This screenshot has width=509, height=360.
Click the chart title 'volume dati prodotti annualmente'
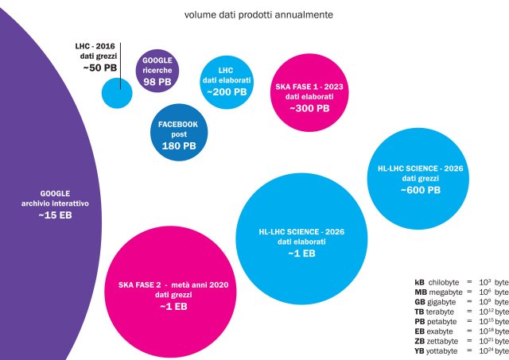(x=258, y=14)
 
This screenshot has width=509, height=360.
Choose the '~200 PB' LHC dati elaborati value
(x=226, y=92)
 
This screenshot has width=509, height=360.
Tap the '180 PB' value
(x=179, y=146)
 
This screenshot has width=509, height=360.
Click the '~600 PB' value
(x=420, y=190)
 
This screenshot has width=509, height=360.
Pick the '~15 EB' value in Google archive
(x=55, y=216)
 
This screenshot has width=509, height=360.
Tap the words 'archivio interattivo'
(x=55, y=204)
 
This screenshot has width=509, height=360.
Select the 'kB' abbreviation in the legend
(x=420, y=282)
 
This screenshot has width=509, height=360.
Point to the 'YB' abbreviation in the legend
(x=420, y=350)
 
